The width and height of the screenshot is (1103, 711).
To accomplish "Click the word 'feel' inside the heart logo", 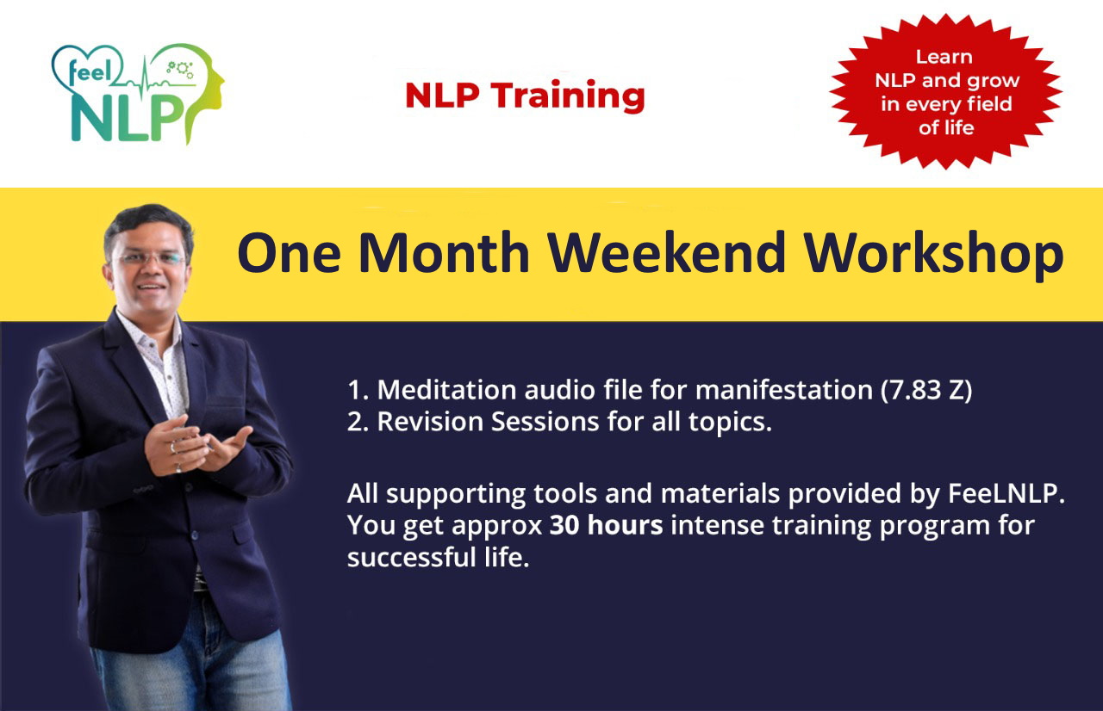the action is click(90, 71).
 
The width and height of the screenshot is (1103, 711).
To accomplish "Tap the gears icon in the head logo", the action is click(180, 70).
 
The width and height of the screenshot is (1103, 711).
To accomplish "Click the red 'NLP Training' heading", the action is click(525, 96).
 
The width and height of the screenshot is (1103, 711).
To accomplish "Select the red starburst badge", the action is click(945, 91).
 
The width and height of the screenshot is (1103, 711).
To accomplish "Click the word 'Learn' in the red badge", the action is click(944, 57).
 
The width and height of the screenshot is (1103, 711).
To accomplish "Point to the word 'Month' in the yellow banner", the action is click(444, 253).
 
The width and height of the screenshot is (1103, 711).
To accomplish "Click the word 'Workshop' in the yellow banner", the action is click(934, 255).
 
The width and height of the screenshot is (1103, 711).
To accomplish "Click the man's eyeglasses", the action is click(149, 258).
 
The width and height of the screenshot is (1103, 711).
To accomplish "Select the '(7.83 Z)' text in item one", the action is click(926, 391).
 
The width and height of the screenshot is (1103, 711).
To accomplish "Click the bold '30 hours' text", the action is click(606, 525).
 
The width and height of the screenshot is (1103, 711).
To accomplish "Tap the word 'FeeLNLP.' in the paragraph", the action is click(1006, 494).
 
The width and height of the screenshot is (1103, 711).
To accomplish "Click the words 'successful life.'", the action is click(439, 558).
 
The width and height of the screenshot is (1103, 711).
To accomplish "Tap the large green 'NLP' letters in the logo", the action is click(127, 118).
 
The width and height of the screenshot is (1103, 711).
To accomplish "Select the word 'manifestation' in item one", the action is click(784, 390).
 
